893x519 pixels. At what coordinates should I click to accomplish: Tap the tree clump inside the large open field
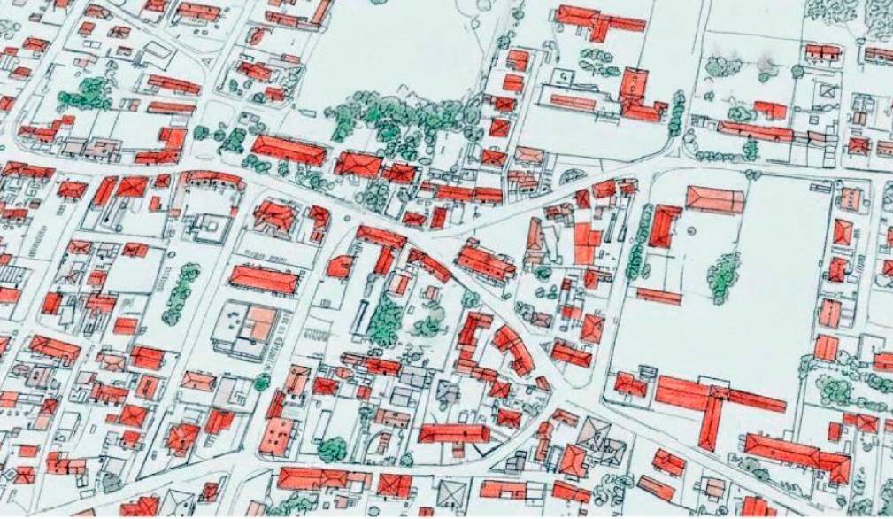pyautogui.click(x=724, y=275)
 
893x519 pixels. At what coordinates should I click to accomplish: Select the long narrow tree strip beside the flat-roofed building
pyautogui.click(x=181, y=292)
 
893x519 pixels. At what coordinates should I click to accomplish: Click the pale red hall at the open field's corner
pyautogui.click(x=714, y=199)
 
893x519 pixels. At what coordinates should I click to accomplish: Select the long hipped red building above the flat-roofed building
pyautogui.click(x=263, y=279)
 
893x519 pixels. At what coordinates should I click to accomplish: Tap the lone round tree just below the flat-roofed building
pyautogui.click(x=262, y=383)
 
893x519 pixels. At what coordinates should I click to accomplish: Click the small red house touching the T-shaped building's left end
pyautogui.click(x=630, y=383)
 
